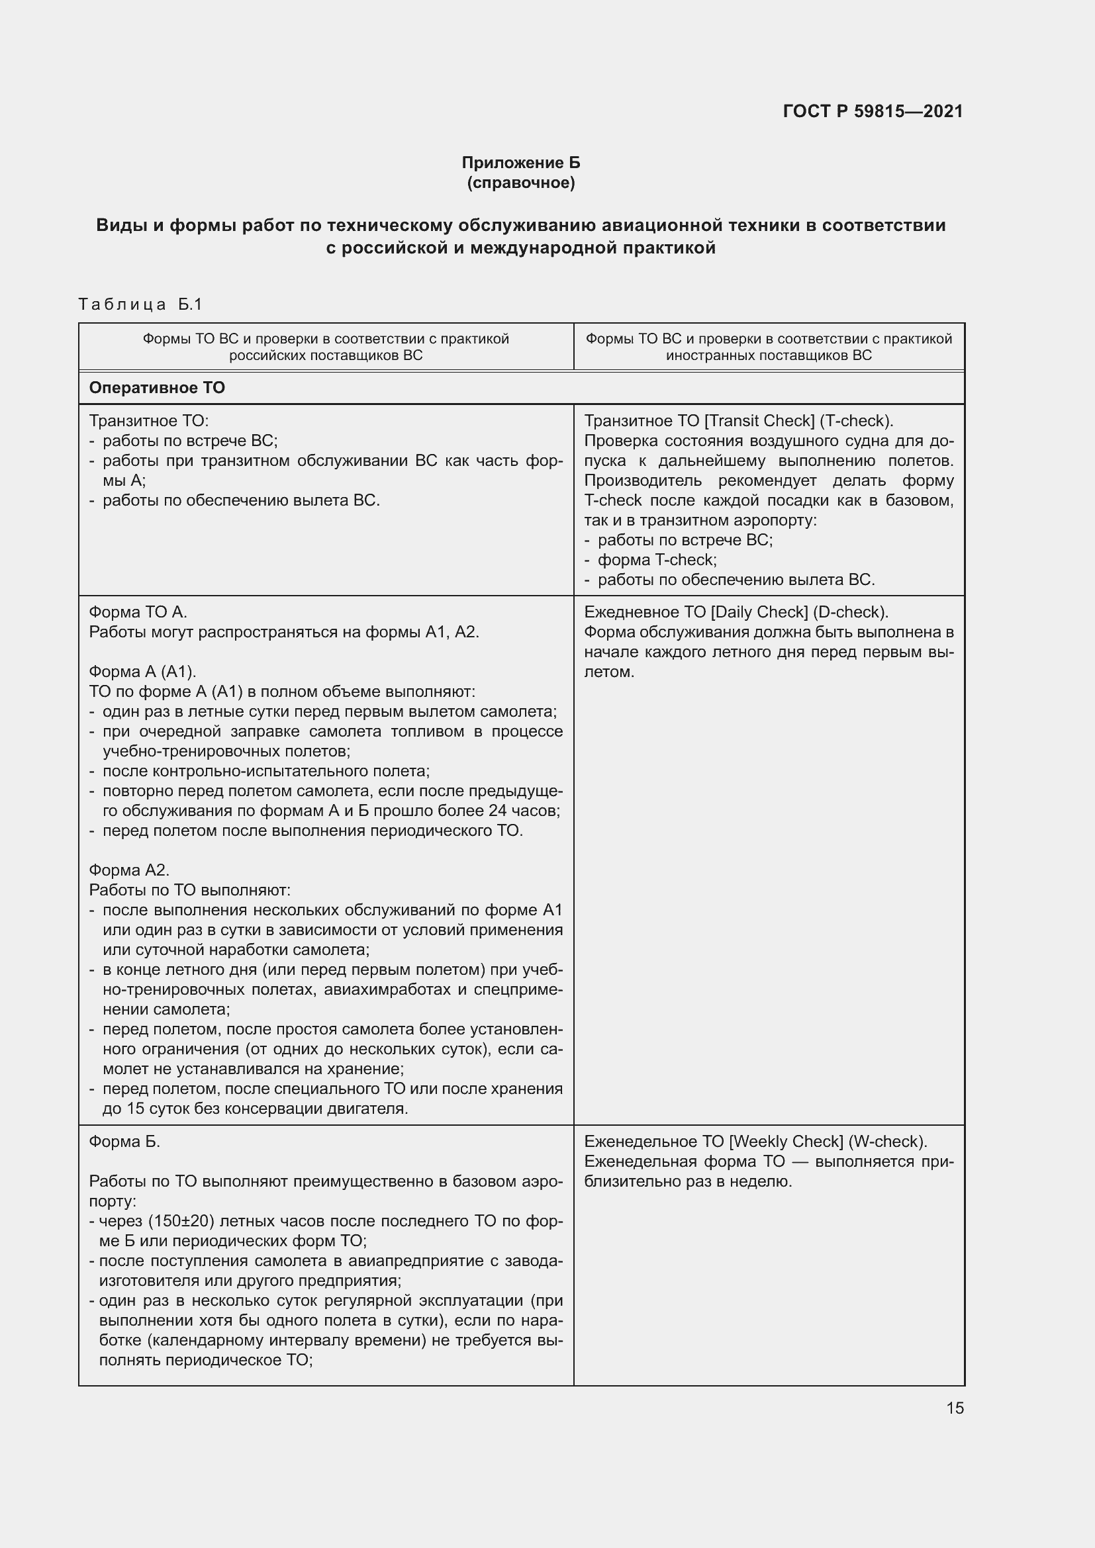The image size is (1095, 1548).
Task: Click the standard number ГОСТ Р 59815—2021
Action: click(x=873, y=111)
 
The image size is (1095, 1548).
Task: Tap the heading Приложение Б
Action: click(x=520, y=163)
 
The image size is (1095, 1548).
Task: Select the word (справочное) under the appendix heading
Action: click(x=520, y=183)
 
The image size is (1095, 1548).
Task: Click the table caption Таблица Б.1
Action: click(x=140, y=304)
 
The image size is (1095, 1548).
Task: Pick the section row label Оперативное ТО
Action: click(x=157, y=388)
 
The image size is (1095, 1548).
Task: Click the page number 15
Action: click(x=955, y=1408)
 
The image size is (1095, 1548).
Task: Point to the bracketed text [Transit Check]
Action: click(x=759, y=421)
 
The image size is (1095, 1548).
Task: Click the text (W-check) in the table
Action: click(x=887, y=1142)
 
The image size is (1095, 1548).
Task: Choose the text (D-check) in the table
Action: click(x=850, y=612)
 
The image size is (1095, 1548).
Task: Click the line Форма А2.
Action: click(x=129, y=870)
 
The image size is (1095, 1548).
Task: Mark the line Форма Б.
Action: click(x=124, y=1142)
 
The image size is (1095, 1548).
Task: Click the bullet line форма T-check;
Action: click(x=657, y=560)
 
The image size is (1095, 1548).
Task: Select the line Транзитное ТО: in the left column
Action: click(x=149, y=421)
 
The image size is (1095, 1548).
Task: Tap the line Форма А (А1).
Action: click(x=142, y=672)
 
